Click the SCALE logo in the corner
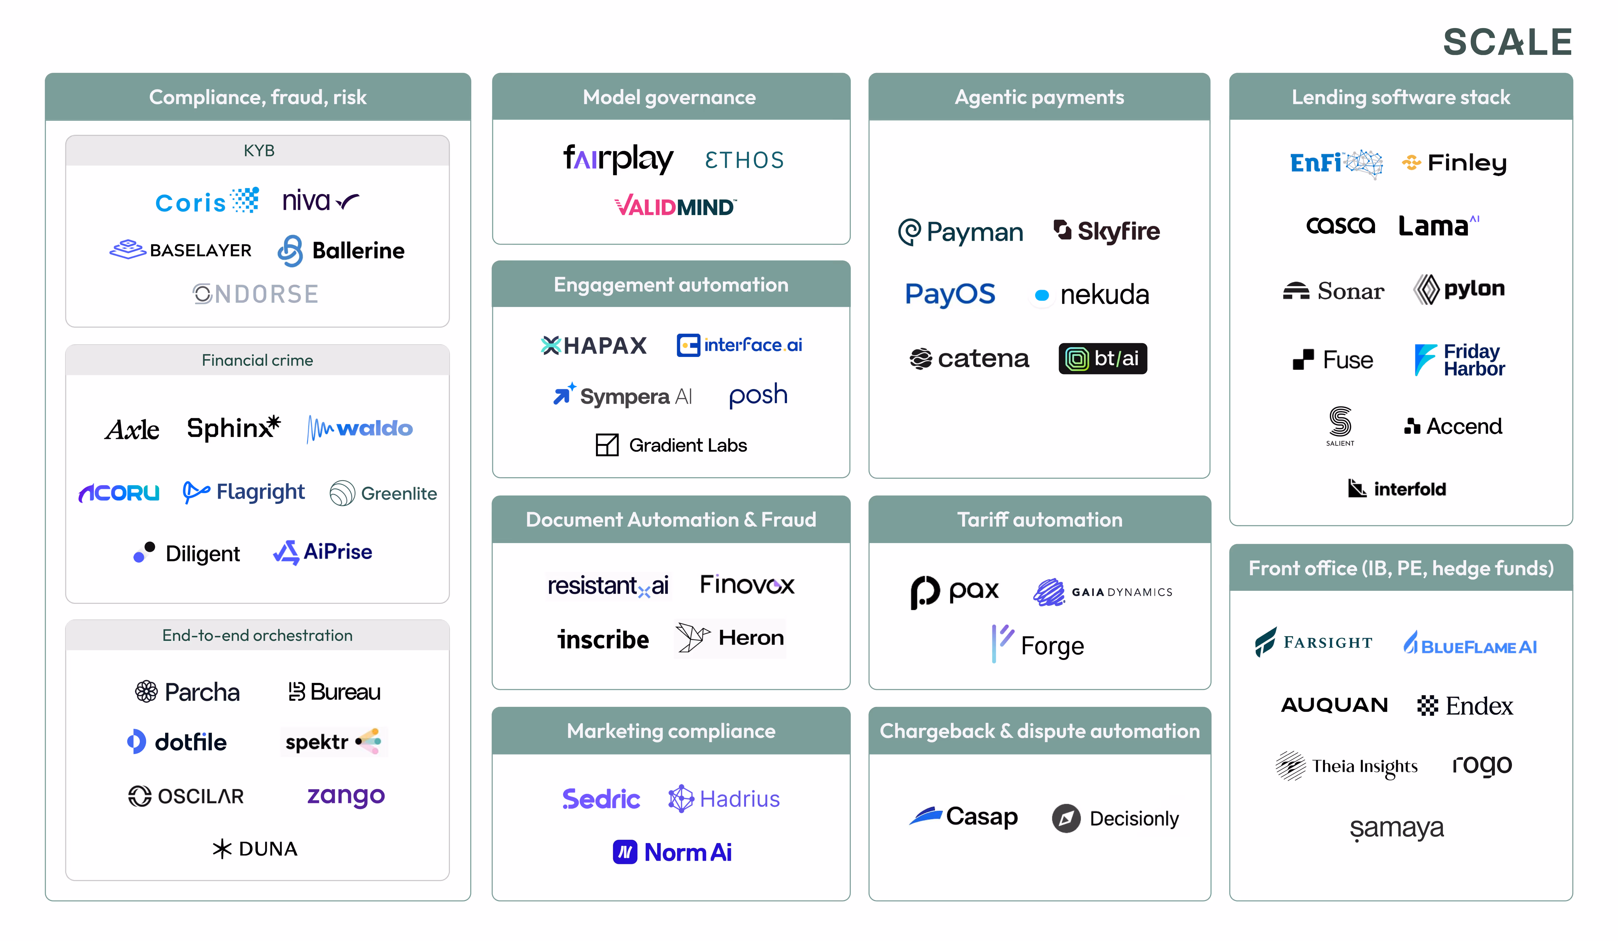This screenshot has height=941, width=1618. click(1507, 42)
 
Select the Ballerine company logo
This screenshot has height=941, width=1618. click(341, 250)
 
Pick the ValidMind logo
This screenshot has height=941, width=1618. click(675, 207)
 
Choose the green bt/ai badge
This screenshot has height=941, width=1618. click(1103, 358)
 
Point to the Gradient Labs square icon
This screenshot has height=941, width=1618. click(607, 445)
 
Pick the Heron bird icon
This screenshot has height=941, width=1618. click(692, 637)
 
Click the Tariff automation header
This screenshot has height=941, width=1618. click(1039, 519)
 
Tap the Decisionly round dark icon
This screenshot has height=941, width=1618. click(1066, 818)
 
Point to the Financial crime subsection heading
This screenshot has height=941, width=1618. click(257, 360)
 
